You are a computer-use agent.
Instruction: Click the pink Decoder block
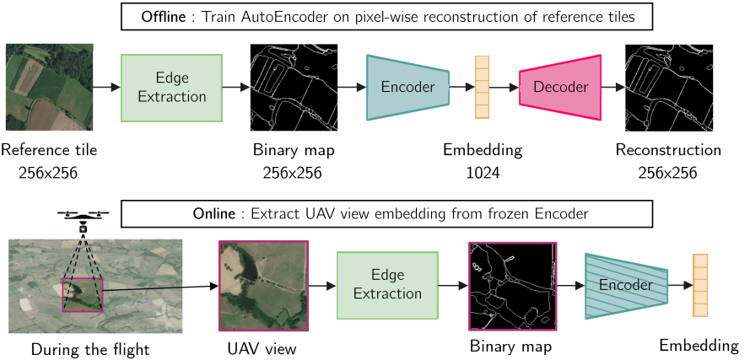(x=559, y=87)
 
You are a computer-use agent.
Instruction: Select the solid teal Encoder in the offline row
(x=407, y=87)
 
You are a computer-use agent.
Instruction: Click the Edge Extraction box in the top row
(x=172, y=88)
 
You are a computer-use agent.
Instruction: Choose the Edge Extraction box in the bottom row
(x=386, y=285)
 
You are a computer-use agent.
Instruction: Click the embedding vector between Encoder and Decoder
(x=482, y=87)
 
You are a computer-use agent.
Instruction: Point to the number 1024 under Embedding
(x=483, y=173)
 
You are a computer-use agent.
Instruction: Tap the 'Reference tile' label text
(x=49, y=151)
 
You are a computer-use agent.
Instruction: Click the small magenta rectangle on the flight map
(x=83, y=294)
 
